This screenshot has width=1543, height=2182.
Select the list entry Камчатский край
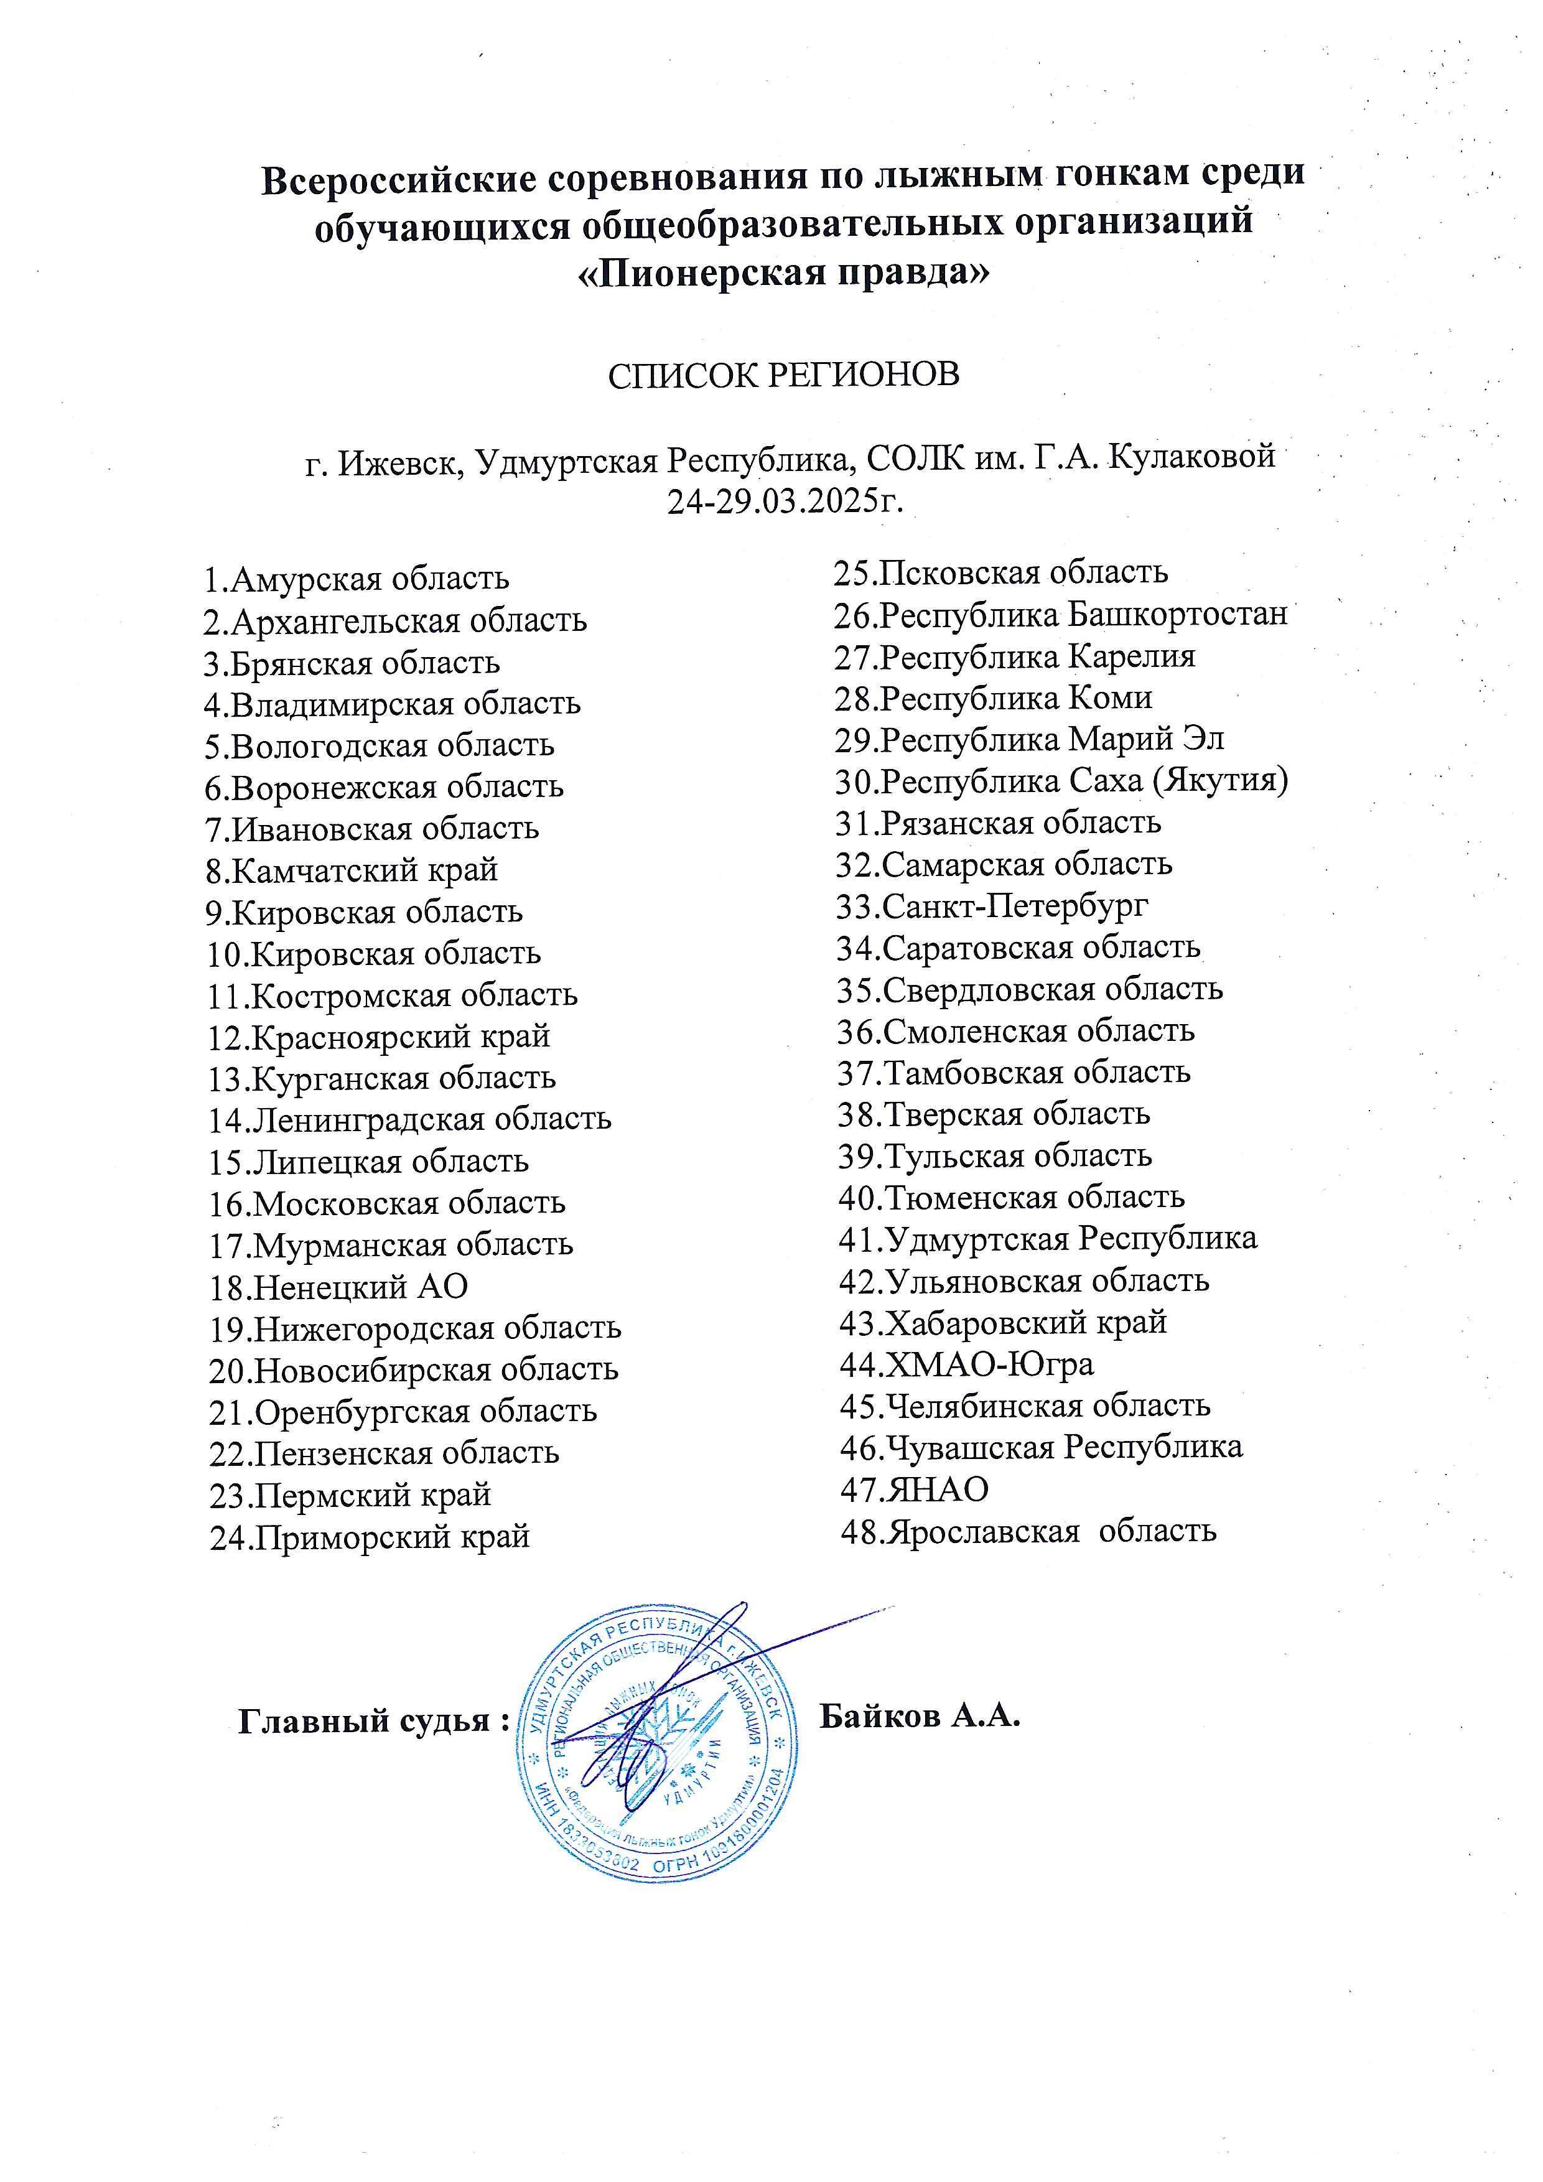click(352, 870)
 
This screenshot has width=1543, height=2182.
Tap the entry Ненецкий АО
click(338, 1286)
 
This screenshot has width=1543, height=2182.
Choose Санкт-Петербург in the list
click(992, 906)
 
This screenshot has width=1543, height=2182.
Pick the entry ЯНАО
click(915, 1488)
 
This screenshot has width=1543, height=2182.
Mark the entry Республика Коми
click(994, 697)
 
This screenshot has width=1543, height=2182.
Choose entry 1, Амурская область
click(357, 578)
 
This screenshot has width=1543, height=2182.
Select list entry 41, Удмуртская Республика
click(1047, 1238)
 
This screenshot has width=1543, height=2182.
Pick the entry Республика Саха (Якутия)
click(1061, 781)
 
